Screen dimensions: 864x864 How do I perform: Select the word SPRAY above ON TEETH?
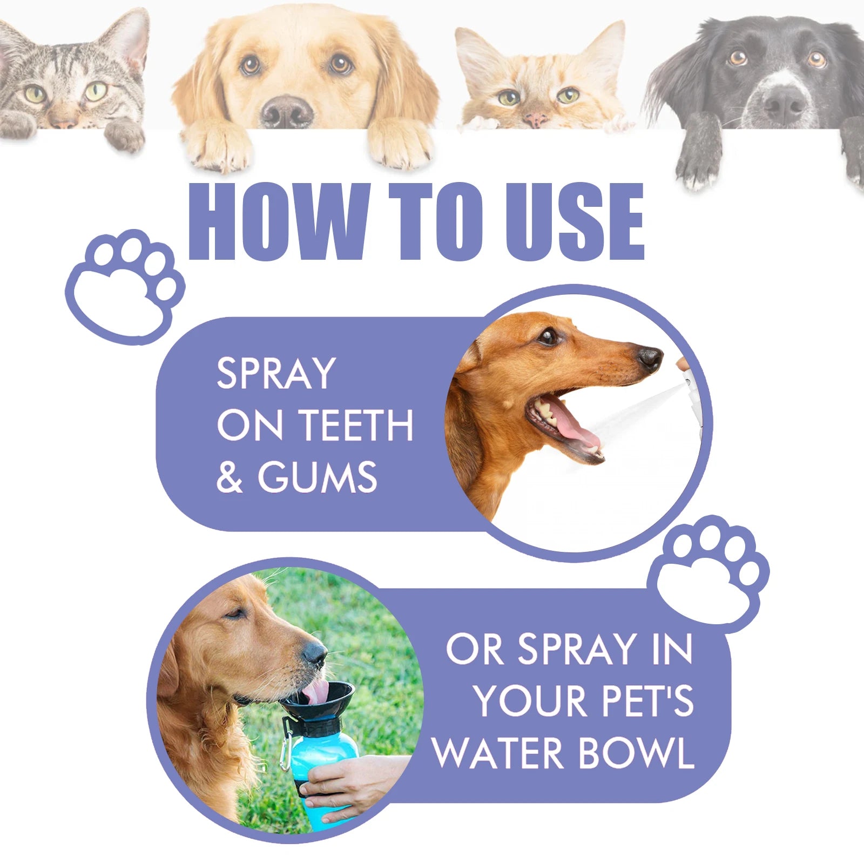276,373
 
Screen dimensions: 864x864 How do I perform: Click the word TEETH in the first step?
356,426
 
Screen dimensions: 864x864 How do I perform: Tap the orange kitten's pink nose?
536,119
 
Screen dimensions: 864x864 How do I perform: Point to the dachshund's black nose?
650,357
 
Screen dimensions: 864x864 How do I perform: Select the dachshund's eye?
548,336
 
